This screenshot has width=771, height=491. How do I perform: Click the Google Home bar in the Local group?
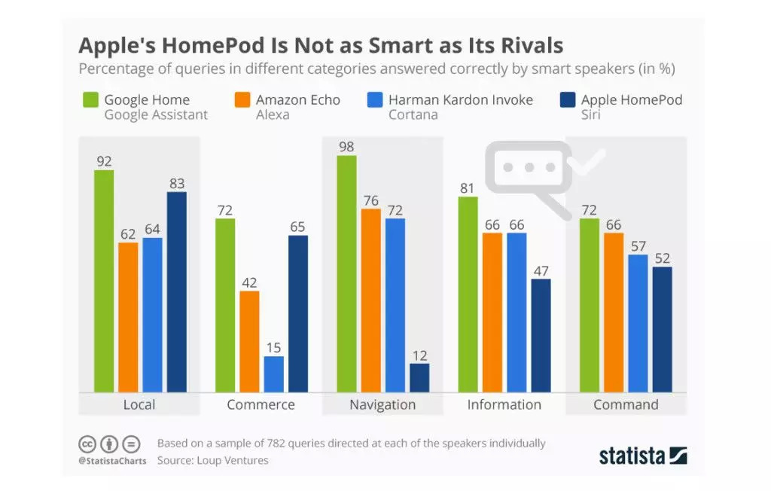pyautogui.click(x=104, y=281)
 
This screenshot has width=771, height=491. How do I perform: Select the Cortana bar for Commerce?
pyautogui.click(x=274, y=374)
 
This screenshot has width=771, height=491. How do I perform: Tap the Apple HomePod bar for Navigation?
pyautogui.click(x=419, y=377)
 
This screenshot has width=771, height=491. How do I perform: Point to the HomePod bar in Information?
pyautogui.click(x=541, y=335)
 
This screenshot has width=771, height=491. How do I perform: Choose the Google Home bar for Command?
pyautogui.click(x=590, y=305)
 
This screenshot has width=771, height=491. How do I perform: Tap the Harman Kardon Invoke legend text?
pyautogui.click(x=460, y=100)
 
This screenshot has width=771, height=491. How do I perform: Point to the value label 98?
pyautogui.click(x=346, y=147)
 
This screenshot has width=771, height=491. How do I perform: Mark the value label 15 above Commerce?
pyautogui.click(x=274, y=347)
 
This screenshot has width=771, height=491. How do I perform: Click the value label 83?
pyautogui.click(x=176, y=183)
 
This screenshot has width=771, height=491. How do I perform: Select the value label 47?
pyautogui.click(x=541, y=270)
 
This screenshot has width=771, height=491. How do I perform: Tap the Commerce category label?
pyautogui.click(x=261, y=404)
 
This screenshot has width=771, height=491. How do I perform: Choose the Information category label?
pyautogui.click(x=504, y=404)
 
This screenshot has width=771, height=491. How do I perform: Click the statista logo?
pyautogui.click(x=643, y=456)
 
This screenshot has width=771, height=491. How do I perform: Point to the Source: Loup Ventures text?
pyautogui.click(x=212, y=459)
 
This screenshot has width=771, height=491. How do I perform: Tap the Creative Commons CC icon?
pyautogui.click(x=88, y=444)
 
